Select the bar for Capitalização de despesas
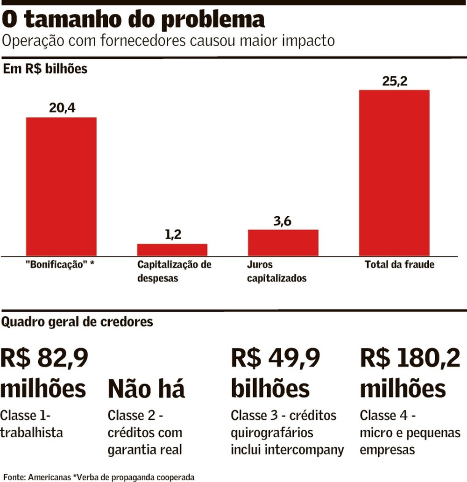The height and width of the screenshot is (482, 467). pyautogui.click(x=172, y=249)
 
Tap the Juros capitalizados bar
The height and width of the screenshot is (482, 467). pyautogui.click(x=283, y=242)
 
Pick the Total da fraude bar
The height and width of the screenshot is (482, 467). pyautogui.click(x=394, y=172)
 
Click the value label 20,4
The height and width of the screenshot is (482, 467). pyautogui.click(x=62, y=108)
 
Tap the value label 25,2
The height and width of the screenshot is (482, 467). pyautogui.click(x=395, y=81)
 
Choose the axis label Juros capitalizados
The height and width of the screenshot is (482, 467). pyautogui.click(x=276, y=271)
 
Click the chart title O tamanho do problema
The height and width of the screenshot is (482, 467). pyautogui.click(x=134, y=20)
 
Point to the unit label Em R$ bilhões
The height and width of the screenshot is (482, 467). pyautogui.click(x=45, y=69)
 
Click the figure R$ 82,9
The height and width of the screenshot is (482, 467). pyautogui.click(x=44, y=359)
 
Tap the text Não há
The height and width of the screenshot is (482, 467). pyautogui.click(x=146, y=389)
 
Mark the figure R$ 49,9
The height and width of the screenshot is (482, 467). pyautogui.click(x=276, y=359)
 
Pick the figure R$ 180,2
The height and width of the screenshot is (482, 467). pyautogui.click(x=410, y=359)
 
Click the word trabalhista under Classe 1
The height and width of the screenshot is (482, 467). pyautogui.click(x=32, y=432)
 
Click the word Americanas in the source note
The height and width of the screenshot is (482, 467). pyautogui.click(x=49, y=477)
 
